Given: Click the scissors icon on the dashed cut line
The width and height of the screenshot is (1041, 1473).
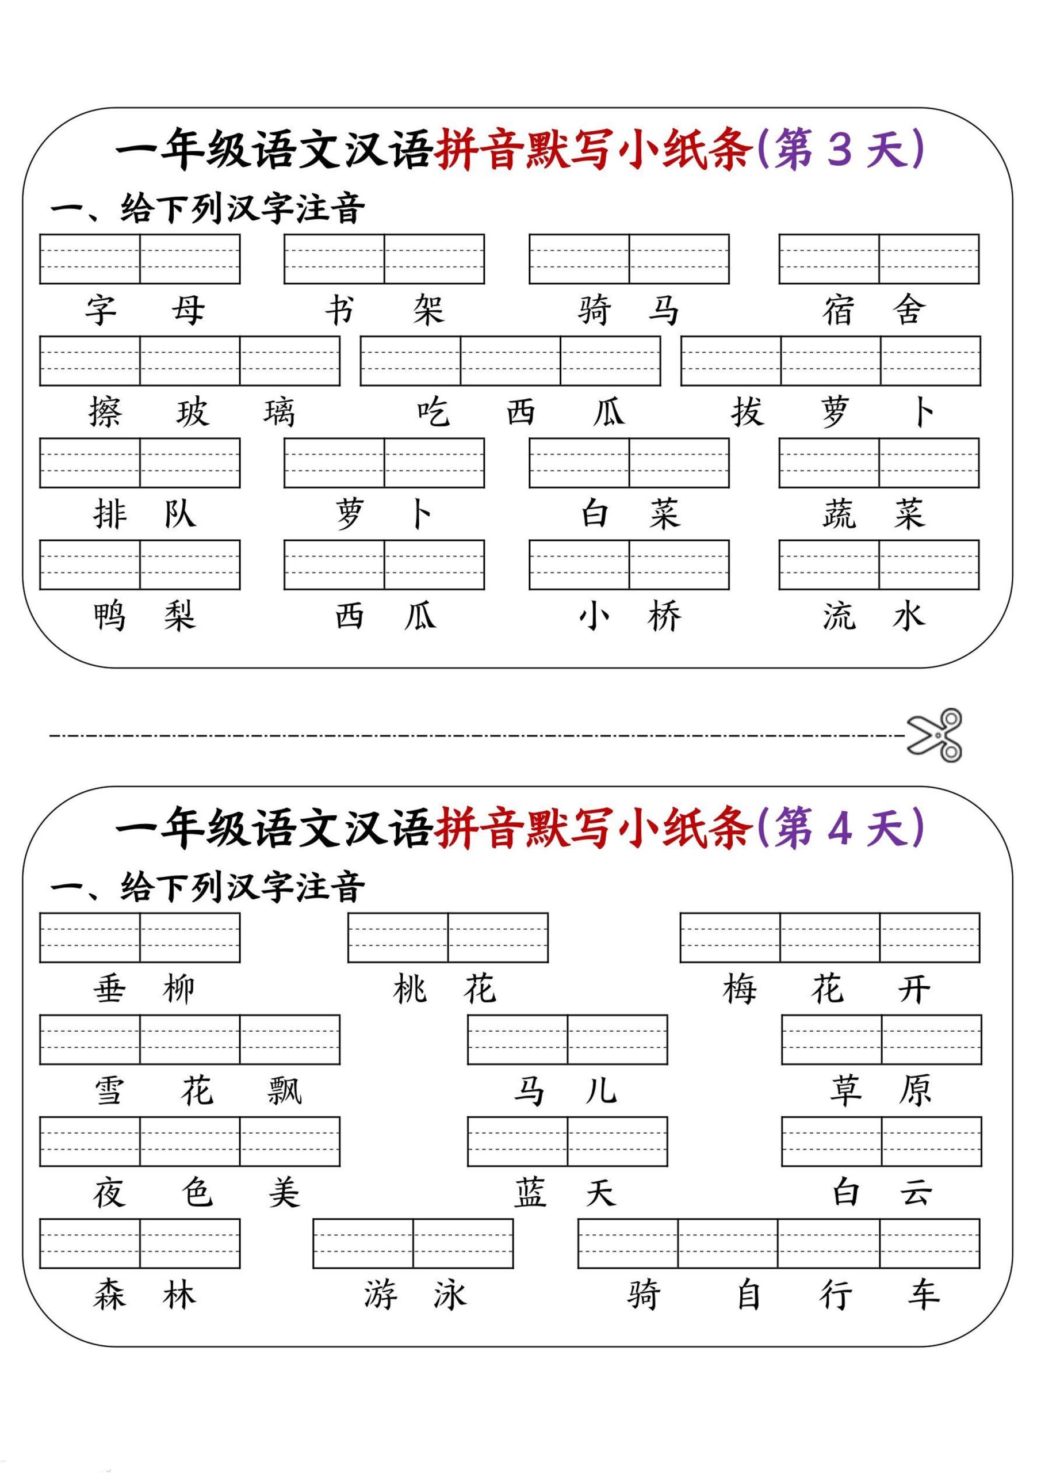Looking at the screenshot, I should click(935, 735).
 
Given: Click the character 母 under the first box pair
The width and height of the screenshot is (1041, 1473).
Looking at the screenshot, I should click(189, 311).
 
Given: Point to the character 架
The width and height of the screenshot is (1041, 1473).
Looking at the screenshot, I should click(428, 311).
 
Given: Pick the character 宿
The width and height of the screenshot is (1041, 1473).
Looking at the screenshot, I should click(839, 311).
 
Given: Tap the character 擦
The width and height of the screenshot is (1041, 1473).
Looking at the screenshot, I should click(105, 412).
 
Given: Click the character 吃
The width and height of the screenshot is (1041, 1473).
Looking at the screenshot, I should click(433, 412).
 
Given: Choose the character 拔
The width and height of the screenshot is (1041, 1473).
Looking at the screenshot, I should click(747, 412).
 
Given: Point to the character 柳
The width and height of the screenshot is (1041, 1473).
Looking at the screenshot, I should click(179, 989).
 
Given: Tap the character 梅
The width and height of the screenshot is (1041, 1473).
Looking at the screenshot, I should click(740, 989).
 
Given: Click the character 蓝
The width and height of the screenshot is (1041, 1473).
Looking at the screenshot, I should click(530, 1193).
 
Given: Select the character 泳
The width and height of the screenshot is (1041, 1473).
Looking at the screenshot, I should click(450, 1295).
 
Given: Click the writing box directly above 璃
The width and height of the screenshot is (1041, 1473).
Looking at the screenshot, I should click(290, 361).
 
